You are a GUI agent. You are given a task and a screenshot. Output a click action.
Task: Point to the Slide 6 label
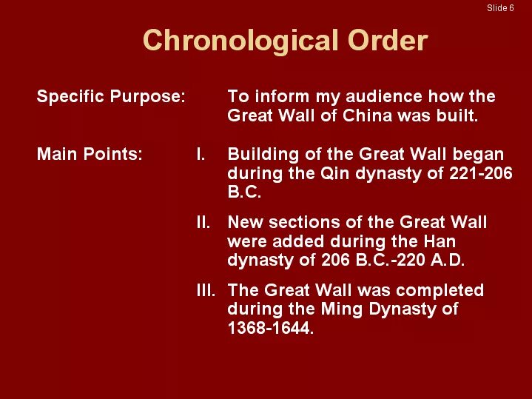(500, 8)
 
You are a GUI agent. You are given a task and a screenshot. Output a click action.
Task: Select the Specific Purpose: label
(111, 97)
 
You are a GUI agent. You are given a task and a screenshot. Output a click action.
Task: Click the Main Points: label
(90, 155)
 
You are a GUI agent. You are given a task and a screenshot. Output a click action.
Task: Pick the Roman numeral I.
(200, 155)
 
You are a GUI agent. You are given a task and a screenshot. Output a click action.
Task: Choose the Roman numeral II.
(203, 222)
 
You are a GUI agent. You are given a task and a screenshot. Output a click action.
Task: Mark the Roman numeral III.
(206, 290)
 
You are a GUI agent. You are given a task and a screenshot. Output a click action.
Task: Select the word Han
(439, 241)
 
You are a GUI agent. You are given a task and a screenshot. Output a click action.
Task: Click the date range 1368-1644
(269, 328)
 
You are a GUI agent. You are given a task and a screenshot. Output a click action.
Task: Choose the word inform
(275, 97)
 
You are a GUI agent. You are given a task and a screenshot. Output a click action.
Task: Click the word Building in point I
(258, 155)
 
